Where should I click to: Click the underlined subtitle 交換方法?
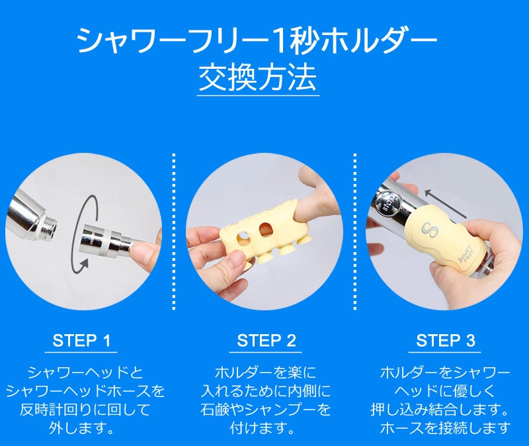point(258,79)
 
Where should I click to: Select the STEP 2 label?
point(266,341)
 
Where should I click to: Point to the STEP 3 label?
point(446,341)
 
